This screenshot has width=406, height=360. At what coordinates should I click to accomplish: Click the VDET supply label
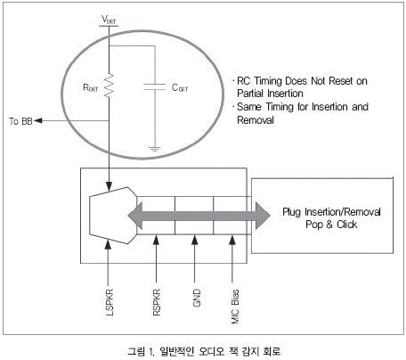pyautogui.click(x=109, y=20)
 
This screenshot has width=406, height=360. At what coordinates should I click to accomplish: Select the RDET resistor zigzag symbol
pyautogui.click(x=109, y=86)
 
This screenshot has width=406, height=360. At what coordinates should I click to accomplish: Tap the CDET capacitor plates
pyautogui.click(x=154, y=86)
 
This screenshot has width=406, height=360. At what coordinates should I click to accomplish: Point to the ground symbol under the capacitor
pyautogui.click(x=154, y=149)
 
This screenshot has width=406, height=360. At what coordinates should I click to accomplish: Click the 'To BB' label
pyautogui.click(x=20, y=121)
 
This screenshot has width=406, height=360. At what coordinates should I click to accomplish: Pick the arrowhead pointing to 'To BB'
pyautogui.click(x=38, y=120)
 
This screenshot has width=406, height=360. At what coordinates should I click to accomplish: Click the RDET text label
pyautogui.click(x=90, y=87)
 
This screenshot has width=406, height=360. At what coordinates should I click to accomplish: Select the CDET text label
pyautogui.click(x=180, y=87)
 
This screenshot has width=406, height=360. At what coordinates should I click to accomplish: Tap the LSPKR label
pyautogui.click(x=110, y=301)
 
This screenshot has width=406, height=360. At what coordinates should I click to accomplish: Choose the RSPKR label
pyautogui.click(x=157, y=302)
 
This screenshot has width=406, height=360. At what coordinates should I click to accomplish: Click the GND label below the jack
pyautogui.click(x=197, y=298)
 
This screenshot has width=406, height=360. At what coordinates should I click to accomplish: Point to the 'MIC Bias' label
pyautogui.click(x=235, y=307)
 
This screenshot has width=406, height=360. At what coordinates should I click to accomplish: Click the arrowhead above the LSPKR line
pyautogui.click(x=109, y=244)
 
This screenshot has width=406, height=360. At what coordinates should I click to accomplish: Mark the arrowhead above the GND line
pyautogui.click(x=195, y=240)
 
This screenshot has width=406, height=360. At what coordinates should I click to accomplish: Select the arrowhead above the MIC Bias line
pyautogui.click(x=232, y=240)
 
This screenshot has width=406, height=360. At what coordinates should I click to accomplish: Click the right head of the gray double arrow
pyautogui.click(x=263, y=216)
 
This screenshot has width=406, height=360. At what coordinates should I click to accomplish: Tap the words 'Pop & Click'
pyautogui.click(x=331, y=225)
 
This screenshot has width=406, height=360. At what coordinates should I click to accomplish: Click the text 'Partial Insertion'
pyautogui.click(x=270, y=94)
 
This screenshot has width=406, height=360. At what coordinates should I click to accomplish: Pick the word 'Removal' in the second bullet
pyautogui.click(x=256, y=120)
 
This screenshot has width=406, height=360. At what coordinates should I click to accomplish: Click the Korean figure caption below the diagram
pyautogui.click(x=204, y=351)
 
